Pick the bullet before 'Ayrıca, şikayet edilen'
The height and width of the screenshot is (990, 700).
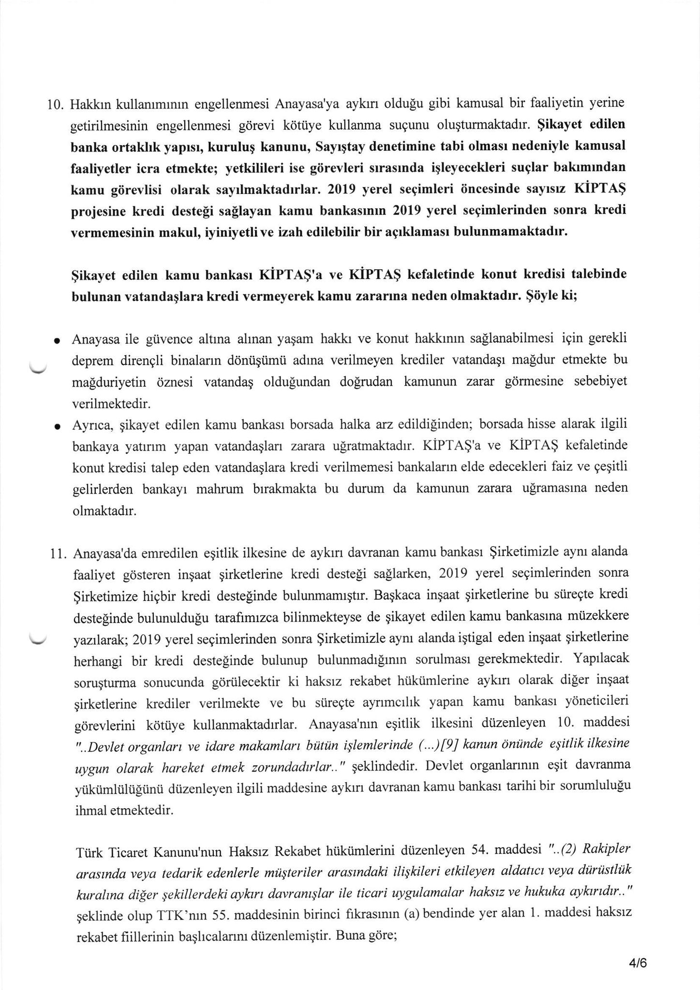(57, 427)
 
